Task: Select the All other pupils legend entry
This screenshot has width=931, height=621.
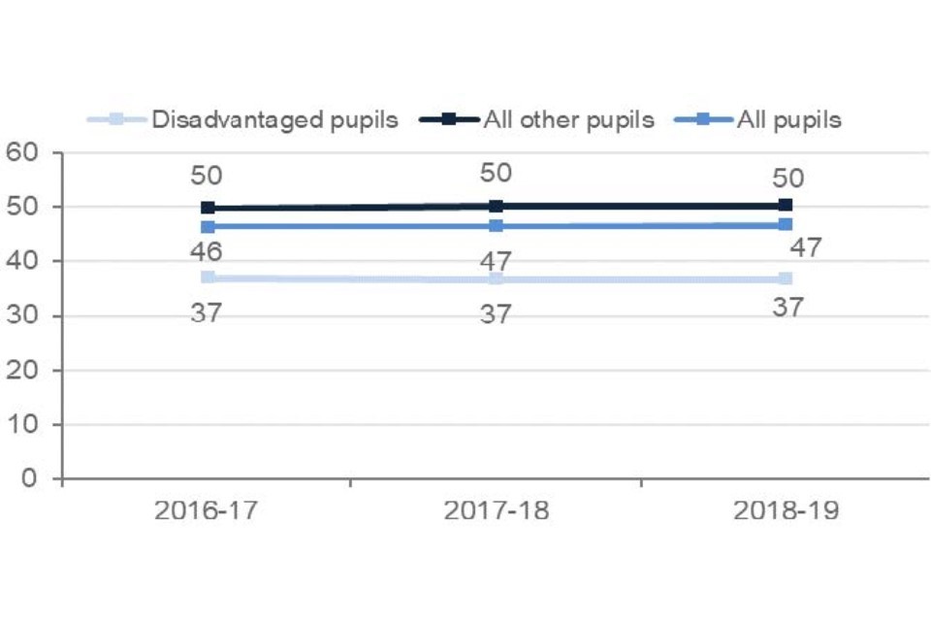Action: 566,120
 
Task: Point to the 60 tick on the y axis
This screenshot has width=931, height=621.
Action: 23,152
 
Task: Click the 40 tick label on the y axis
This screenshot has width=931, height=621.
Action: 23,261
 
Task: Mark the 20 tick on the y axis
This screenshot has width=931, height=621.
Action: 23,370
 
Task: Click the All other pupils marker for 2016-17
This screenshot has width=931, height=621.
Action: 208,208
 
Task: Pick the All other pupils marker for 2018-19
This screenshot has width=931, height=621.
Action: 786,205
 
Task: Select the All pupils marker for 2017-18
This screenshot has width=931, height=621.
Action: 497,226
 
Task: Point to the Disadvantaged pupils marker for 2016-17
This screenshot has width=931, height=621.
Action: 208,278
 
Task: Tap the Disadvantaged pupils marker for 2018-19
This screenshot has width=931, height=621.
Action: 786,278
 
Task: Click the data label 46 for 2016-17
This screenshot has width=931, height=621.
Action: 207,251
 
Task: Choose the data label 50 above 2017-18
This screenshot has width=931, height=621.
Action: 497,173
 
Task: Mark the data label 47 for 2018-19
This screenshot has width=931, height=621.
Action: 806,247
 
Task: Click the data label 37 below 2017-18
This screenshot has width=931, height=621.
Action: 497,313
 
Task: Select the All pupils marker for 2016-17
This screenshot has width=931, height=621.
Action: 208,227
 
